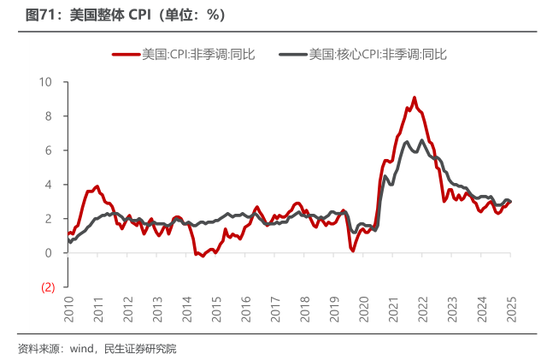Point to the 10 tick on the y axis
(x=44, y=82)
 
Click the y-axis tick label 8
(x=49, y=116)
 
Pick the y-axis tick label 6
(x=49, y=150)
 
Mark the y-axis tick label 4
(x=49, y=185)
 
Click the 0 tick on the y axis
(x=49, y=253)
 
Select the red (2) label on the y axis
(x=48, y=287)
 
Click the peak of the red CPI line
(x=415, y=97)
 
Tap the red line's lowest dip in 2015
(x=203, y=256)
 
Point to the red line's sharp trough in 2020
(x=352, y=250)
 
